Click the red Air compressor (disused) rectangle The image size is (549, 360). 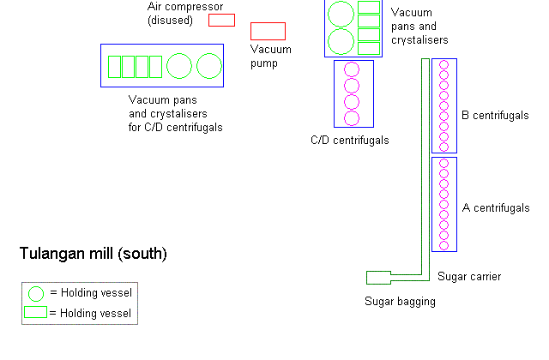point(221,21)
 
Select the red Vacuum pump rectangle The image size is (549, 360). point(268,31)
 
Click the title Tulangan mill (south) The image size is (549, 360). point(93,254)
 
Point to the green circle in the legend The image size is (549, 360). point(36,293)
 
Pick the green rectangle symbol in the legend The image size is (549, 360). point(35,313)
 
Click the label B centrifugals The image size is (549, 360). point(495,115)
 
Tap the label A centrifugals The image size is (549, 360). point(495,208)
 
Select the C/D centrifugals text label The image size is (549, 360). point(350,140)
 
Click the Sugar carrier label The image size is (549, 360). point(469,276)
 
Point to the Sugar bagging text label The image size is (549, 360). point(400,301)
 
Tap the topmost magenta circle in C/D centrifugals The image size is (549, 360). point(351,69)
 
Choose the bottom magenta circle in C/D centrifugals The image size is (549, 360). point(351,118)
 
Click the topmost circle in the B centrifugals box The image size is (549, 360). point(444,65)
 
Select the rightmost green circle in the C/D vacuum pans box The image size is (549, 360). point(208,66)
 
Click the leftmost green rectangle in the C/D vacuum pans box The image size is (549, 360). point(114,66)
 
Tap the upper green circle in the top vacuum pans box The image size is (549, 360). point(341,13)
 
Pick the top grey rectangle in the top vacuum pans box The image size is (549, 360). point(368,7)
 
